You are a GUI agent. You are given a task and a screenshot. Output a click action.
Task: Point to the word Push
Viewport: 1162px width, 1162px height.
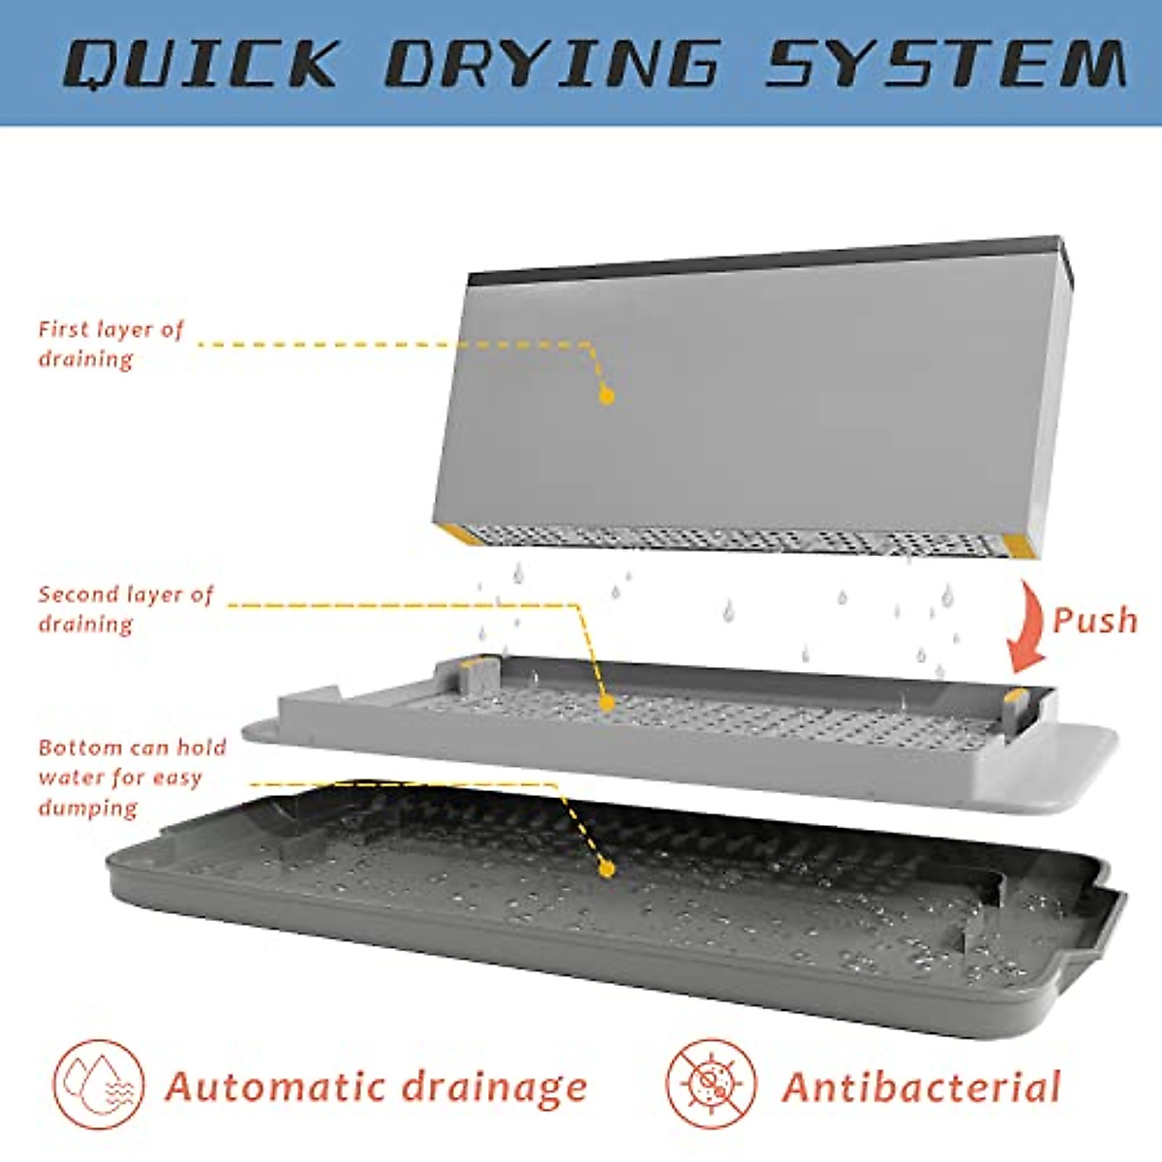pos(1095,620)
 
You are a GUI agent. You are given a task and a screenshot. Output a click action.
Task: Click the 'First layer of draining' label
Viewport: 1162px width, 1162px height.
pos(109,344)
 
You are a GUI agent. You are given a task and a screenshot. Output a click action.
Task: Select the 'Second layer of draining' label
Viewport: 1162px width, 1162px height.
pos(125,609)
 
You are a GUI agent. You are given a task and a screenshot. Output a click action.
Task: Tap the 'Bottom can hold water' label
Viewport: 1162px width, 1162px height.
pos(132,777)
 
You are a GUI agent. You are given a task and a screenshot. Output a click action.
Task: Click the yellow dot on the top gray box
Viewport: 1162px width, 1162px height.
pos(607,395)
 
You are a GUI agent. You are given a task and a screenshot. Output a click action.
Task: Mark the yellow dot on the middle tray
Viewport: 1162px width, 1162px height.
pos(607,702)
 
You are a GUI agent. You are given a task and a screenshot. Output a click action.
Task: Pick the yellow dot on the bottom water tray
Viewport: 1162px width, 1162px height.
pos(607,869)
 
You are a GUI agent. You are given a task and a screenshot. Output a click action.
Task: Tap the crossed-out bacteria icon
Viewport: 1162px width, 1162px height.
pos(712,1085)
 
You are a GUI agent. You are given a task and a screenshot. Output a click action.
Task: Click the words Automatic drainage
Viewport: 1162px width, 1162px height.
pos(376,1087)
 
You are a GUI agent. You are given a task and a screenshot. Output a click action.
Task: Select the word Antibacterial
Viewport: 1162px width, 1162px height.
pos(921,1087)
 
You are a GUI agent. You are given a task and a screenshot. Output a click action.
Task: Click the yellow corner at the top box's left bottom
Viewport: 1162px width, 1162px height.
pos(458,534)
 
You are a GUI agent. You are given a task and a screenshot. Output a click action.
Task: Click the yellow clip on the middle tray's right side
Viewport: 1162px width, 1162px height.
pos(1017,695)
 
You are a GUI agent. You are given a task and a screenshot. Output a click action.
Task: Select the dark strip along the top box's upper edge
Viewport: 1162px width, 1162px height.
pos(765,260)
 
